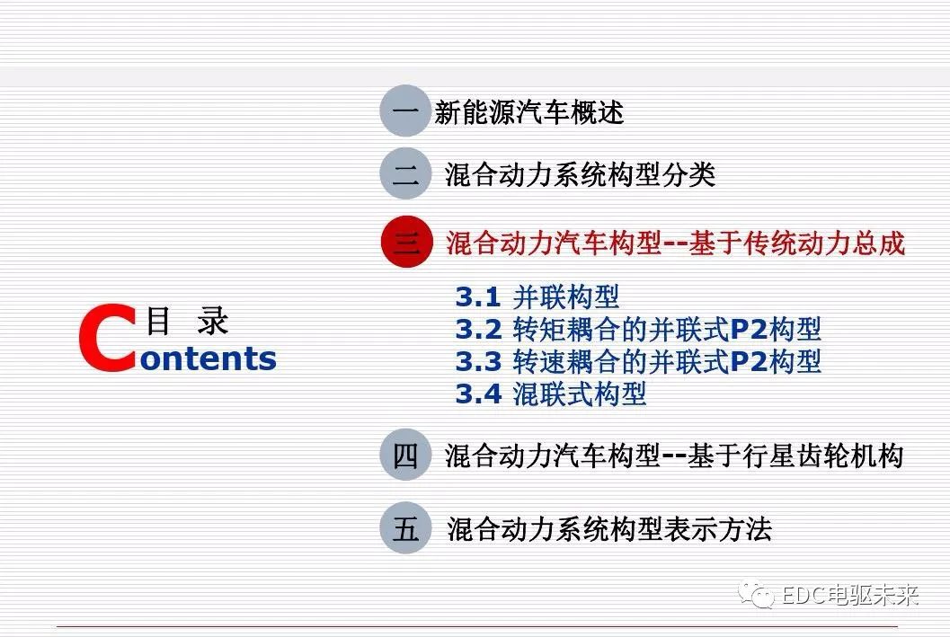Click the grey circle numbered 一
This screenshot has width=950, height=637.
point(405,111)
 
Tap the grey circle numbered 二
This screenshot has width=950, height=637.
point(405,173)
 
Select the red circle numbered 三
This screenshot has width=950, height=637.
point(406,243)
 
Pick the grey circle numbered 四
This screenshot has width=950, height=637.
point(405,456)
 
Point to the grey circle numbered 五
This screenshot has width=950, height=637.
point(405,528)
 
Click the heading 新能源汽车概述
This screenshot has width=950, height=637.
point(528,112)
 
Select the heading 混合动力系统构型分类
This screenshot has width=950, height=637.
point(580,174)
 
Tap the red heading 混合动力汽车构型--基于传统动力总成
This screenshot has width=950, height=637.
point(675,243)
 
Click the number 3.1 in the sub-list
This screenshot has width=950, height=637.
point(476,296)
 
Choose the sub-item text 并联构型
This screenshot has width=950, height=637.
point(565,296)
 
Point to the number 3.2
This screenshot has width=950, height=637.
point(477,329)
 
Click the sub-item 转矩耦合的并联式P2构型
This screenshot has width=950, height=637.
point(667,329)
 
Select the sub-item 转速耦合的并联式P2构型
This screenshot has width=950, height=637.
point(667,361)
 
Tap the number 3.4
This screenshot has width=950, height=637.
point(477,394)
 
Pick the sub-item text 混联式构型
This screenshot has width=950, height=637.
point(579,394)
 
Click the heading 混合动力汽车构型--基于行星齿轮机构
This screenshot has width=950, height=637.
point(673,456)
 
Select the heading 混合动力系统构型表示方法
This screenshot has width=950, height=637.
point(608,528)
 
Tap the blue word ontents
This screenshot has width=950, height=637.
point(209,358)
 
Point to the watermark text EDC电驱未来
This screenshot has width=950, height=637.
point(848,595)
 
